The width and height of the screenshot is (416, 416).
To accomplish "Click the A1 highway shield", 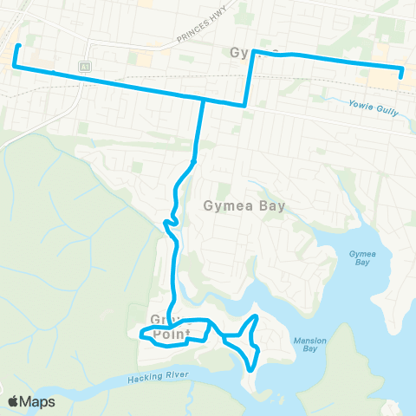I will [x=85, y=66].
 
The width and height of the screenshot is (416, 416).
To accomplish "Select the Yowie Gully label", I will [x=374, y=103].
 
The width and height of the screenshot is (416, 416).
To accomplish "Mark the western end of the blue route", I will [x=18, y=45].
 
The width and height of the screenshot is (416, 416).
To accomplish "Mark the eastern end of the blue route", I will [x=400, y=76].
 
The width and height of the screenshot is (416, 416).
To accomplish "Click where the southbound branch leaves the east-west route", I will [x=203, y=99].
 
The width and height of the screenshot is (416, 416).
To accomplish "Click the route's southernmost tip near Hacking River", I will [x=251, y=370].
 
